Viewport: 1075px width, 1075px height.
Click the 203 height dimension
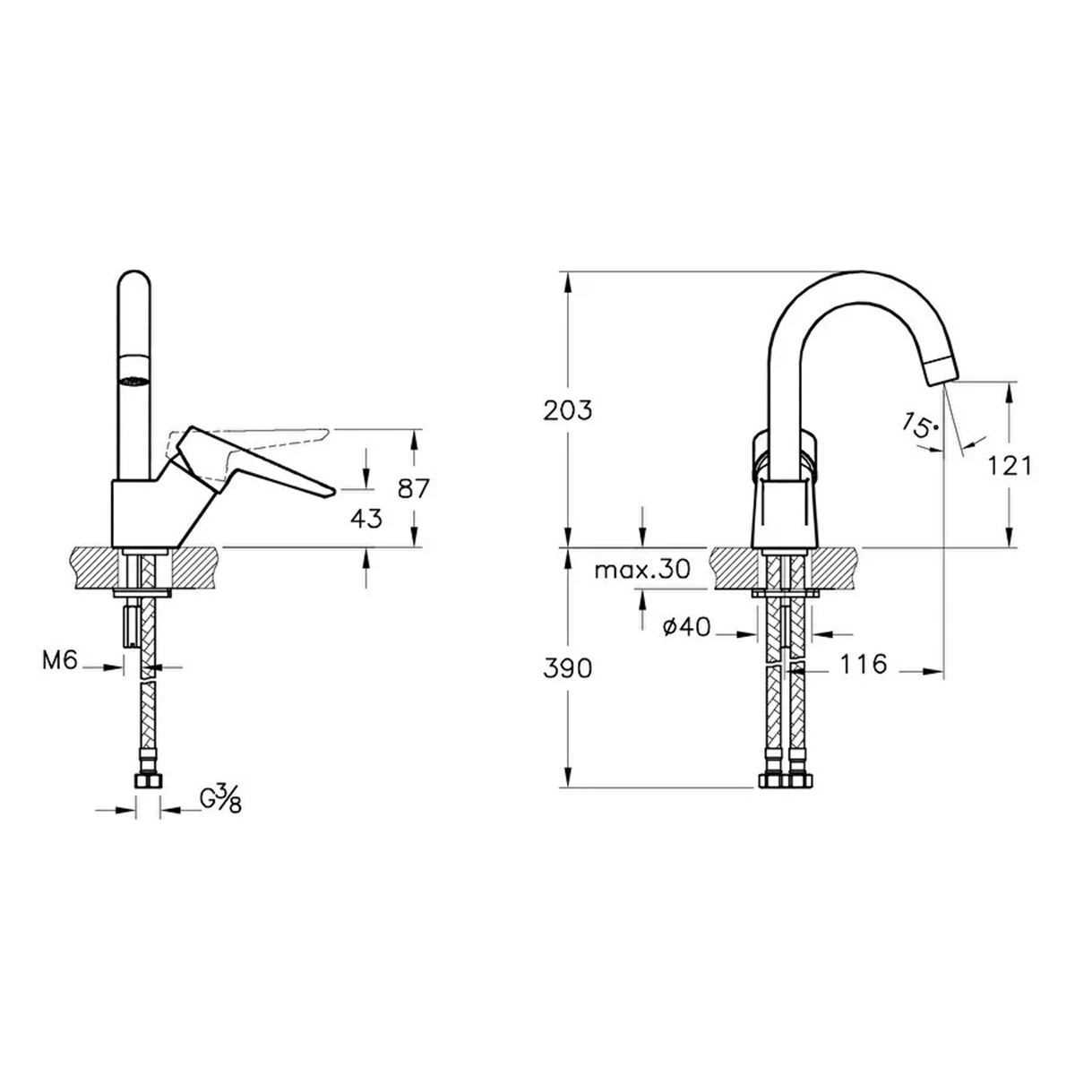568,411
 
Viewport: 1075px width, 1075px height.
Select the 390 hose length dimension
568,669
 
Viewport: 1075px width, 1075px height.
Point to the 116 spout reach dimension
863,664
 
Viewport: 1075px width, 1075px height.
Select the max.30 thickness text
642,570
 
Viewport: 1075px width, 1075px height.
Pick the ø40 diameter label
687,628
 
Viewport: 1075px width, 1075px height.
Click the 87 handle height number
413,489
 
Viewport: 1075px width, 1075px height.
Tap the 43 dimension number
366,520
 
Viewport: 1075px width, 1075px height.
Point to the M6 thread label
59,661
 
